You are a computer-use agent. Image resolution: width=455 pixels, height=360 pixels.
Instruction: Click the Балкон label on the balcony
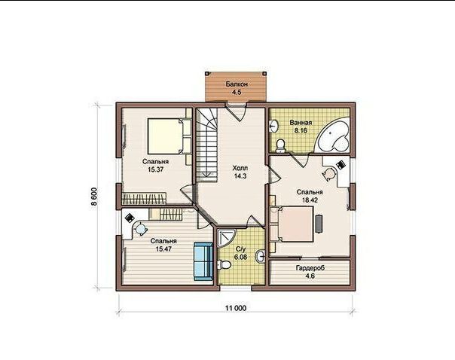237,84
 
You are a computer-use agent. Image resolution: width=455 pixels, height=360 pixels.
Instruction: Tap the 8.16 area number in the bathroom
301,130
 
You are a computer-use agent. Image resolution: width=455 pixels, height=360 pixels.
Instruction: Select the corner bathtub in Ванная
334,135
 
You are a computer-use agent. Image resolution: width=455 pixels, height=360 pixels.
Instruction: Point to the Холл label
240,168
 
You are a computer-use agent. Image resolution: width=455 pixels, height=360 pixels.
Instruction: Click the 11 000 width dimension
236,308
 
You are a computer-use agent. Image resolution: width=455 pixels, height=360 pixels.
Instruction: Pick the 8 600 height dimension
95,197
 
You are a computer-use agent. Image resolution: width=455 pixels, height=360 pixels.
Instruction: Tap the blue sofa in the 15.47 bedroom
203,261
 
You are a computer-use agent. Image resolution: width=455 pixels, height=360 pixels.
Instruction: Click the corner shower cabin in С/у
226,238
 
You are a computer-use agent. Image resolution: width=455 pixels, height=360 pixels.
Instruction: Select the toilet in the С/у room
224,264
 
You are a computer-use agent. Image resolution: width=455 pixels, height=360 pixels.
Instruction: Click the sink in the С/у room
260,256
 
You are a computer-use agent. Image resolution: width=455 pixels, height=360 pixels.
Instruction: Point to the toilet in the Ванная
280,146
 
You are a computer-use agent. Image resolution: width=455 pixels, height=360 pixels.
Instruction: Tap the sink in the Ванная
273,127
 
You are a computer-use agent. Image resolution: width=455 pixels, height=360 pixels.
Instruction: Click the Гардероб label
310,268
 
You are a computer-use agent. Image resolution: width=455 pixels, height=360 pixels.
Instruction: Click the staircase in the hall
207,145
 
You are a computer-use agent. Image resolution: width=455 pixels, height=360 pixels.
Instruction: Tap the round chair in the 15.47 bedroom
140,228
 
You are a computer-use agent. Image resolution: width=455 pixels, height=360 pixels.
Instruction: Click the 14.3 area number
240,175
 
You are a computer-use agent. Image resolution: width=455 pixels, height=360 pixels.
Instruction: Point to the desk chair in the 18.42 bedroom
329,174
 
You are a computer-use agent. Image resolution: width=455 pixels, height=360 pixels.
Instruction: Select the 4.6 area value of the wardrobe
310,276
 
